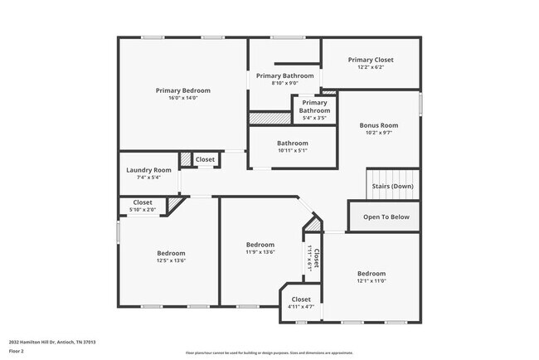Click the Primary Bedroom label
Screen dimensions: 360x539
click(x=182, y=90)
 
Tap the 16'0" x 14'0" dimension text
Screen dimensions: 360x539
click(x=182, y=98)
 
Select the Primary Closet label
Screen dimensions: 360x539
click(x=371, y=60)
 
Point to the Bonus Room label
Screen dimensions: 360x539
click(x=378, y=125)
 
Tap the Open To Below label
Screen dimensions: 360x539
click(x=386, y=216)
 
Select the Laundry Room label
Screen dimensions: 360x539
click(x=148, y=170)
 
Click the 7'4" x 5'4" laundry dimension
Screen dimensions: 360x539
click(x=148, y=177)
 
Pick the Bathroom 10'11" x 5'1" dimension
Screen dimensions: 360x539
click(x=292, y=150)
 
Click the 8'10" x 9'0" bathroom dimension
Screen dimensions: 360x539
click(x=285, y=83)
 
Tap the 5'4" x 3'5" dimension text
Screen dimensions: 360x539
click(x=314, y=118)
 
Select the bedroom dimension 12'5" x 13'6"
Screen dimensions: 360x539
click(x=171, y=260)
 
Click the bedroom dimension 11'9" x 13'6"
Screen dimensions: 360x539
click(x=260, y=252)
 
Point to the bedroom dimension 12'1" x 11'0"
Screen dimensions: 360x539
click(x=371, y=281)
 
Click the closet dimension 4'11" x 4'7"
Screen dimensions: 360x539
click(x=300, y=307)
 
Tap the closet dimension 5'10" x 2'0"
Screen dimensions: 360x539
click(x=142, y=209)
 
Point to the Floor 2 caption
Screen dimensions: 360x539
click(x=17, y=351)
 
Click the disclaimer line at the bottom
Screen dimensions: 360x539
click(x=269, y=352)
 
